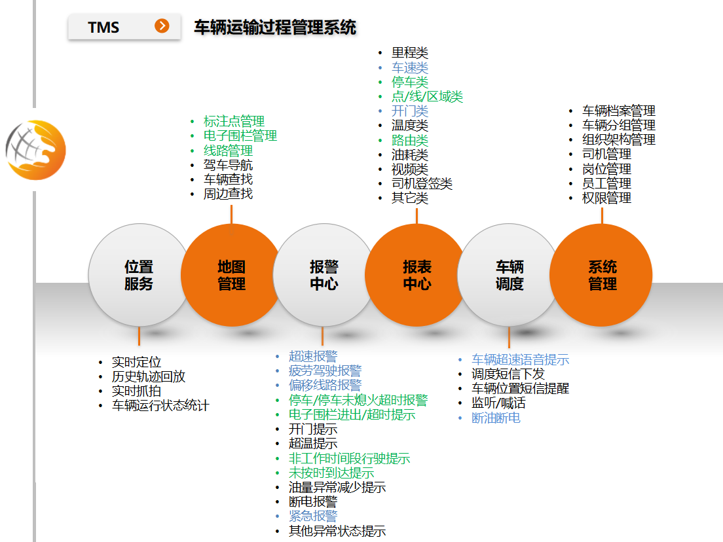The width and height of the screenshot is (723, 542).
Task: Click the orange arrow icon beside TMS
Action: (x=162, y=26)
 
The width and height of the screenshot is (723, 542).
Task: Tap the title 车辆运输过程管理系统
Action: (x=275, y=27)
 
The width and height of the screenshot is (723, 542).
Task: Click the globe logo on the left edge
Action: (x=36, y=149)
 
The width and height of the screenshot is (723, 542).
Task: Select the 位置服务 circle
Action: (x=139, y=275)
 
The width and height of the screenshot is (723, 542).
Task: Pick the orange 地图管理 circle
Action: (x=231, y=275)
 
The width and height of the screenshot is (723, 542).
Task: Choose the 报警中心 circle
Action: (x=324, y=275)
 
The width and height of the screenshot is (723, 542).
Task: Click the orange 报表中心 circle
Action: (x=417, y=275)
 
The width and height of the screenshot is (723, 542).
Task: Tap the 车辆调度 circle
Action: (x=509, y=275)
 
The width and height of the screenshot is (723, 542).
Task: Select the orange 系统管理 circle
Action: (x=601, y=275)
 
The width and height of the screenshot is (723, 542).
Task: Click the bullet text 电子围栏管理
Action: (x=240, y=136)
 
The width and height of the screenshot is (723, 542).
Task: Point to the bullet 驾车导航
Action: (x=228, y=165)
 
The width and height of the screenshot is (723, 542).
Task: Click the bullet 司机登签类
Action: (x=422, y=183)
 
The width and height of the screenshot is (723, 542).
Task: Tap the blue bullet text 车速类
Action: (x=410, y=67)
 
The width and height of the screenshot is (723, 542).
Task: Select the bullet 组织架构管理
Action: (x=618, y=139)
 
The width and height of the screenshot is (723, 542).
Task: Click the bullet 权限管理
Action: (x=606, y=198)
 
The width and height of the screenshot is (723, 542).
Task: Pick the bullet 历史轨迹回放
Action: (x=149, y=376)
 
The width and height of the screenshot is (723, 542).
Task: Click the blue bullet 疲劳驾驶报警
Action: (x=325, y=371)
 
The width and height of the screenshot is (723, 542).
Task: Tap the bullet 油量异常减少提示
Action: (x=337, y=488)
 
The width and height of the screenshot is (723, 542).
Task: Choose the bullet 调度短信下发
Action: (x=508, y=374)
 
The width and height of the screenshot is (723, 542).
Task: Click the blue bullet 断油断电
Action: (x=496, y=418)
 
